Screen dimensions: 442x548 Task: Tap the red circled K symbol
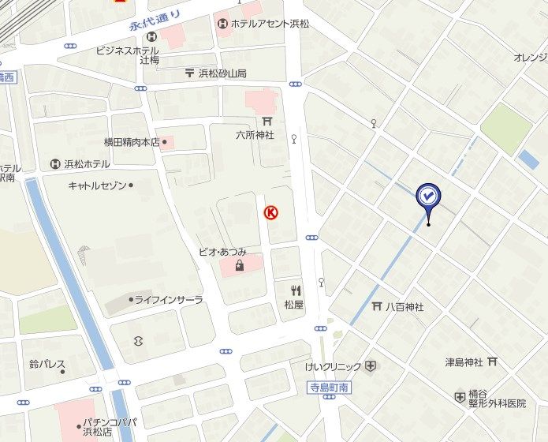tap(270, 212)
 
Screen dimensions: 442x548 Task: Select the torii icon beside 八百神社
tap(377, 307)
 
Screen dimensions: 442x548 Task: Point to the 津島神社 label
tap(464, 362)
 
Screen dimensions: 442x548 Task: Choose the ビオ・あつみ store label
tap(222, 252)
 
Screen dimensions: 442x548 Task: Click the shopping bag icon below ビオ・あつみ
tap(238, 265)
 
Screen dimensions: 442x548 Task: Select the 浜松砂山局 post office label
tap(222, 73)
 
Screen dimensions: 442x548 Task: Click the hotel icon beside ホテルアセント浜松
tap(222, 24)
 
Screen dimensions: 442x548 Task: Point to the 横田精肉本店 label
tap(132, 143)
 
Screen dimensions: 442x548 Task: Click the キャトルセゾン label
tap(96, 185)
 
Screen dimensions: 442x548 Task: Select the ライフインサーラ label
tap(168, 300)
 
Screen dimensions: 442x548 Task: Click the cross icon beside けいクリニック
tap(370, 366)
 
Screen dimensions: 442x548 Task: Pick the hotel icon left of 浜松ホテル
tap(55, 164)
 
